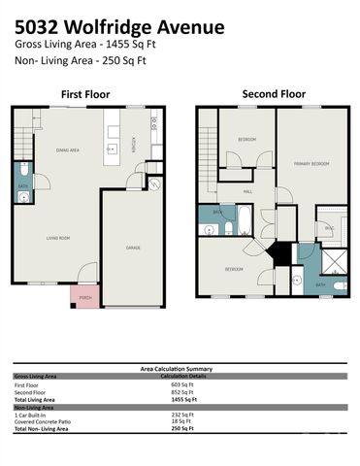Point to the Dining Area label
click(x=67, y=150)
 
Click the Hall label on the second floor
click(x=247, y=191)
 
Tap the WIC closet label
click(x=329, y=227)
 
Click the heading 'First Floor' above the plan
click(x=85, y=94)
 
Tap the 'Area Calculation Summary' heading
click(x=180, y=368)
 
